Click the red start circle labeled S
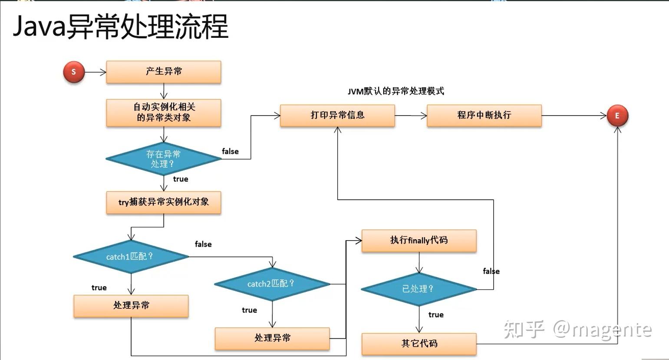coord(74,72)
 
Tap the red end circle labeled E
coord(617,116)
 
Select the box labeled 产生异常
coord(164,72)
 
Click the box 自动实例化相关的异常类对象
coord(164,112)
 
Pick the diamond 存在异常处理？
coord(164,159)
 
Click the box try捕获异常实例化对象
coord(164,202)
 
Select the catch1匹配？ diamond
coord(131,257)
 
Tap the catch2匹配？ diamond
coord(272,284)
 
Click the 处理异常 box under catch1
coord(131,306)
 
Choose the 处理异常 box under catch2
coord(272,338)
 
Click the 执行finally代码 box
coord(419,241)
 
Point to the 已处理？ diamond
coord(419,289)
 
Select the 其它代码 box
coord(419,344)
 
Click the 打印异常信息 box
coord(337,116)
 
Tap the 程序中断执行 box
coord(484,116)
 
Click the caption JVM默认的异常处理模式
coord(395,91)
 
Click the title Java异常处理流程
coord(120,27)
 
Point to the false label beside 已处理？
coord(491,271)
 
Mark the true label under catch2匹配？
coord(249,310)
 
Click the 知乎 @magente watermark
coord(577,330)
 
